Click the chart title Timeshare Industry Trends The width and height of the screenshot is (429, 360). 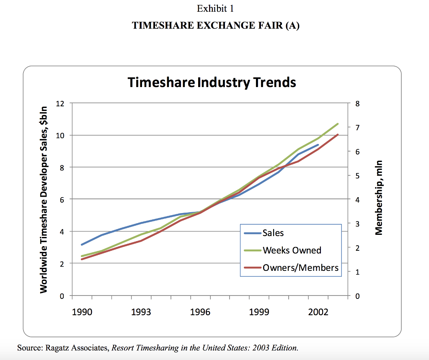[212, 82]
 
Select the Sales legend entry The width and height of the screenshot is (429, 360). [273, 233]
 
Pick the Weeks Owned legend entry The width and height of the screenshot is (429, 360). [292, 250]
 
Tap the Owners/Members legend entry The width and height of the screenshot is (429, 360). [300, 267]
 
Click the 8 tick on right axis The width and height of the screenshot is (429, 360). [357, 103]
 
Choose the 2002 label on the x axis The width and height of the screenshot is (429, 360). [318, 313]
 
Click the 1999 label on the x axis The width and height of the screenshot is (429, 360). [259, 313]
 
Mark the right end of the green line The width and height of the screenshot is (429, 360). [338, 124]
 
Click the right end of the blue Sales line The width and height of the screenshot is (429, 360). [318, 145]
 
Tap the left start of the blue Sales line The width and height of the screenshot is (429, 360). [82, 244]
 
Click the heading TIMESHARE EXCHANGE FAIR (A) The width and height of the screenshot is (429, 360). [215, 26]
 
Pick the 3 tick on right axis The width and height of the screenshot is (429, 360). [357, 224]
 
